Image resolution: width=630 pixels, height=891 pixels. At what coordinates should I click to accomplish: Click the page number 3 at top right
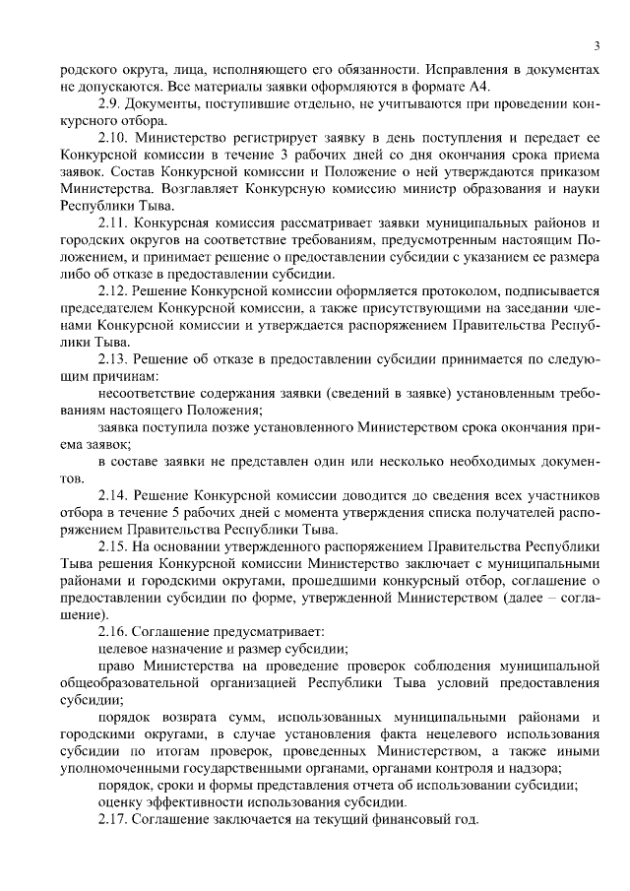pyautogui.click(x=597, y=47)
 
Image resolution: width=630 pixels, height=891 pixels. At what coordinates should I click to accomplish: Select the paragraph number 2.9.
pyautogui.click(x=110, y=103)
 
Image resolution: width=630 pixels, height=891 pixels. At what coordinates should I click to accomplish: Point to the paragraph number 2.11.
pyautogui.click(x=114, y=223)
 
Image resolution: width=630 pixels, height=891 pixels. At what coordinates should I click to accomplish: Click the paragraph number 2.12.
pyautogui.click(x=114, y=291)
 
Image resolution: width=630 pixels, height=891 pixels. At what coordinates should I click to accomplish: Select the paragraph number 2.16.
pyautogui.click(x=114, y=631)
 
